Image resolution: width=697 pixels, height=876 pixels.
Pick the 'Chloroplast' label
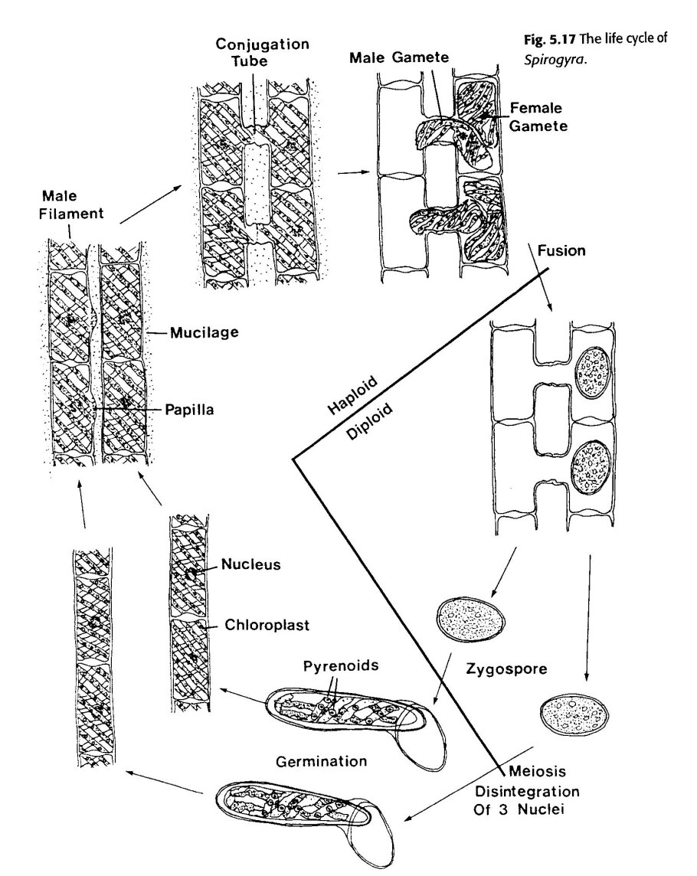[x=266, y=625]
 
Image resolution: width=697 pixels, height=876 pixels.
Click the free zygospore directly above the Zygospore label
[x=471, y=617]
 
